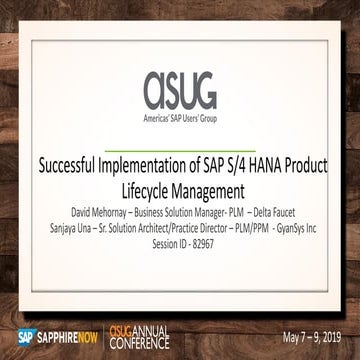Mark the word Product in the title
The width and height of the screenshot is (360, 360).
coord(307,166)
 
